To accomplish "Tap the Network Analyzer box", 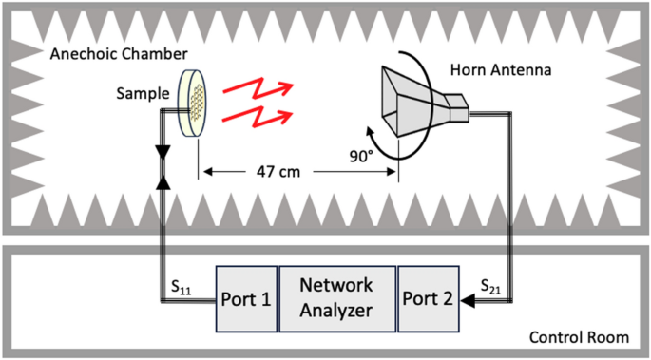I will coord(336,297).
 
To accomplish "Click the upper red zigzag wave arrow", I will coord(253,90).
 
